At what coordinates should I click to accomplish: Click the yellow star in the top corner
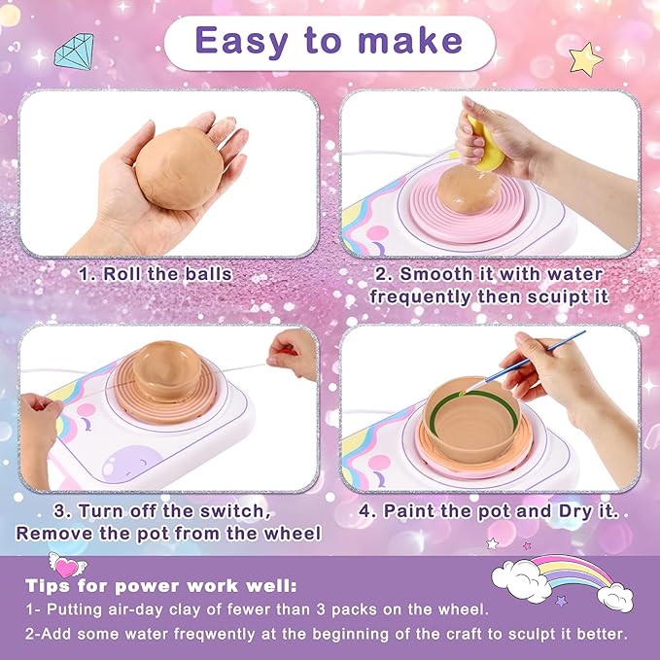point(585,58)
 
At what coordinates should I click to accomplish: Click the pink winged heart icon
point(66,564)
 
